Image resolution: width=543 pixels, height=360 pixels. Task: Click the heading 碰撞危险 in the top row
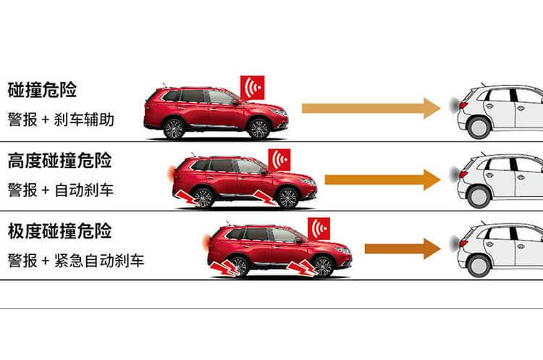pyautogui.click(x=42, y=90)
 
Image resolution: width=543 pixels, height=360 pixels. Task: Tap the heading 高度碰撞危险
pyautogui.click(x=59, y=160)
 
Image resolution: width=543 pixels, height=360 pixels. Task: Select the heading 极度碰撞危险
pyautogui.click(x=59, y=231)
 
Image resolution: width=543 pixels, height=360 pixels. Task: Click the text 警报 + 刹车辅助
pyautogui.click(x=61, y=120)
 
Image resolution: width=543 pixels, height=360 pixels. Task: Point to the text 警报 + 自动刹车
pyautogui.click(x=61, y=191)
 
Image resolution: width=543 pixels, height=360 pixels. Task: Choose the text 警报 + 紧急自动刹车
pyautogui.click(x=76, y=261)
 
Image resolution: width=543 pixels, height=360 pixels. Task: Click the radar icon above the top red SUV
pyautogui.click(x=253, y=88)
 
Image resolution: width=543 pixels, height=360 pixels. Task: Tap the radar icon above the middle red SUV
pyautogui.click(x=279, y=160)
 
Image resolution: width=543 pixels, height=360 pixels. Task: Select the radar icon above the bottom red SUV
pyautogui.click(x=319, y=229)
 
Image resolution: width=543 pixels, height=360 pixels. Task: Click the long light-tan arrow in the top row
pyautogui.click(x=371, y=108)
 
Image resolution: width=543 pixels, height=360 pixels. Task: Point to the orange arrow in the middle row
pyautogui.click(x=382, y=180)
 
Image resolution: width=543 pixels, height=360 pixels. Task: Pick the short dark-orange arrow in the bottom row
pyautogui.click(x=403, y=248)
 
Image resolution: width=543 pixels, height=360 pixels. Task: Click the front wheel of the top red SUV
pyautogui.click(x=259, y=129)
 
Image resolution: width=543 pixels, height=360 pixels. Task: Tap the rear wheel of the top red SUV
pyautogui.click(x=174, y=129)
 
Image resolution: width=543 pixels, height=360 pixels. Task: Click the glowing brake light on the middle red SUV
pyautogui.click(x=171, y=173)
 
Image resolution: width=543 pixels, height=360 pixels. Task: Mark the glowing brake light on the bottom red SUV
pyautogui.click(x=206, y=241)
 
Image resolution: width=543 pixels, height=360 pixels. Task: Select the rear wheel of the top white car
pyautogui.click(x=479, y=127)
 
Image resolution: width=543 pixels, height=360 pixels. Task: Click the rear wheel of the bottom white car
pyautogui.click(x=479, y=266)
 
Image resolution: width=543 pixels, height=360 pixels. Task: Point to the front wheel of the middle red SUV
pyautogui.click(x=287, y=198)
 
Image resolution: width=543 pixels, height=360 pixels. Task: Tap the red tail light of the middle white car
pyautogui.click(x=463, y=174)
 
